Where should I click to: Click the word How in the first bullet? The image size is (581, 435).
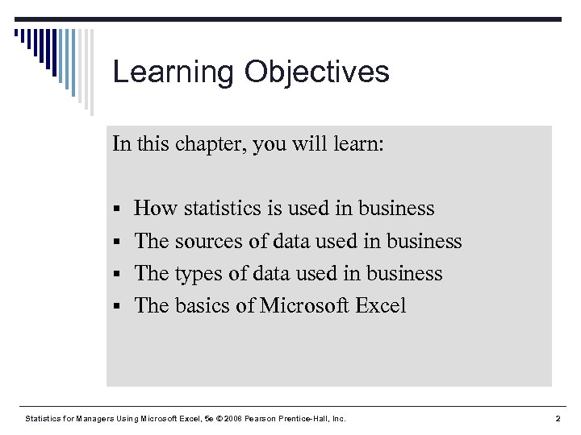click(x=156, y=209)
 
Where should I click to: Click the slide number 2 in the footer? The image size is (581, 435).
click(x=558, y=419)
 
